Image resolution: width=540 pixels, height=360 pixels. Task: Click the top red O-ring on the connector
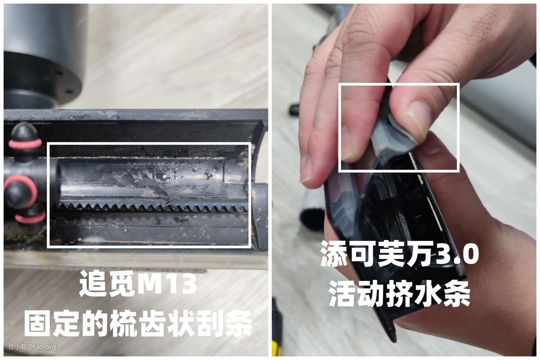[x=25, y=143]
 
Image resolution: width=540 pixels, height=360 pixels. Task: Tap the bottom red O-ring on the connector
[x=30, y=217]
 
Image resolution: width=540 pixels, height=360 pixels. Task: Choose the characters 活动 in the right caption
[x=357, y=294]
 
